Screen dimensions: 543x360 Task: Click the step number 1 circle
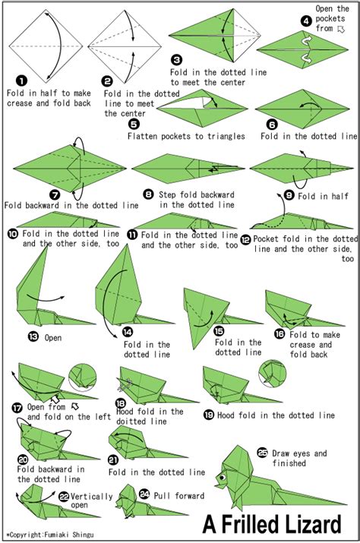point(21,79)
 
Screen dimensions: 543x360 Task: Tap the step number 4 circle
point(306,21)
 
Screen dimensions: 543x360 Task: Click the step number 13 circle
point(33,336)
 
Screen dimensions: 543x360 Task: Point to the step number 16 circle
point(279,333)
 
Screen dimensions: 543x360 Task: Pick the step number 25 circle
point(263,453)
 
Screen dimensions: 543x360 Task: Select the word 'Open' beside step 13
point(53,337)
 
